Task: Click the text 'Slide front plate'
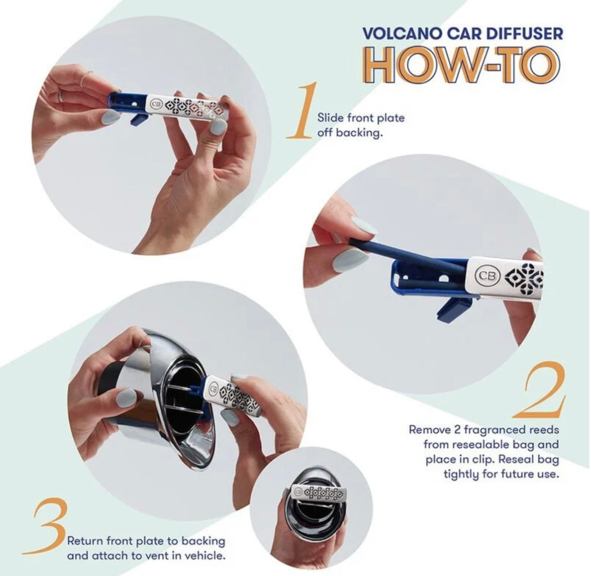click(x=361, y=117)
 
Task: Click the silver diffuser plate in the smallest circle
click(x=316, y=493)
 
